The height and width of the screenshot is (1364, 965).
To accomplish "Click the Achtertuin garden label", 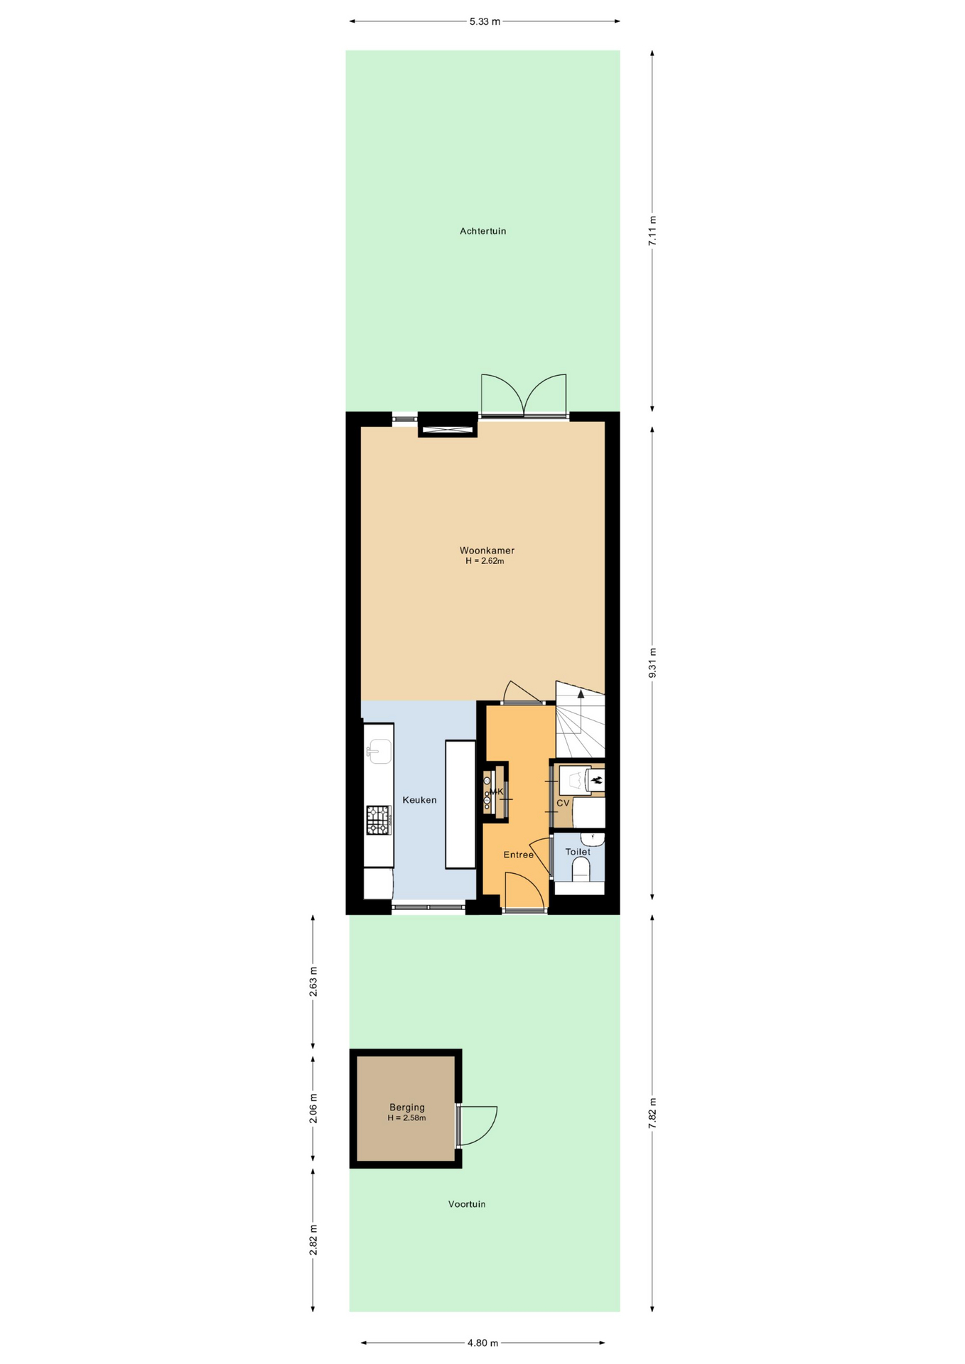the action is pyautogui.click(x=482, y=231).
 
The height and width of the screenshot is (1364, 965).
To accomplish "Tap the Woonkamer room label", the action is pyautogui.click(x=487, y=551).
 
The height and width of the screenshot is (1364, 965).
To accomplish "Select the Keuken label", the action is pyautogui.click(x=419, y=800).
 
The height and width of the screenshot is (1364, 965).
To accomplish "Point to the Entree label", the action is pyautogui.click(x=518, y=855).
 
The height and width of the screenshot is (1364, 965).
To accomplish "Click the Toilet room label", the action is pyautogui.click(x=578, y=852).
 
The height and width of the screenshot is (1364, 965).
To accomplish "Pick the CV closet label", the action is pyautogui.click(x=563, y=803).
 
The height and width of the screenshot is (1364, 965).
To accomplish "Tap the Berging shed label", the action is pyautogui.click(x=406, y=1107).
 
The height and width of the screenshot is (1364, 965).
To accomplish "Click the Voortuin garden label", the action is pyautogui.click(x=467, y=1204).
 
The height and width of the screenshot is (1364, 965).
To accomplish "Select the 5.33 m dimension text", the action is pyautogui.click(x=485, y=21).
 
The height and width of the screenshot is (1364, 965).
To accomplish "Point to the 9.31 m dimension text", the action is pyautogui.click(x=652, y=662).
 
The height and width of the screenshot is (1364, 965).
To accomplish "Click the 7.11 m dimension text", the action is pyautogui.click(x=652, y=230).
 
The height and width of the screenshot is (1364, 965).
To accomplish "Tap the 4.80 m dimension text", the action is pyautogui.click(x=482, y=1343).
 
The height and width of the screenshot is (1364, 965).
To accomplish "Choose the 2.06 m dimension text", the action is pyautogui.click(x=313, y=1108).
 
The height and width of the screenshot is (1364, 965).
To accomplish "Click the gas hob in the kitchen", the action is pyautogui.click(x=378, y=820).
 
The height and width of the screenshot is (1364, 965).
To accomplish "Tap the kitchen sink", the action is pyautogui.click(x=379, y=751).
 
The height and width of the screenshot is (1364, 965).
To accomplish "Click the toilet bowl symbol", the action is pyautogui.click(x=581, y=870).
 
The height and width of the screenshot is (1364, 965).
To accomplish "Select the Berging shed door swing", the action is pyautogui.click(x=478, y=1126).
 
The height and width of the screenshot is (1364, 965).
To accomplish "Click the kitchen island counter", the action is pyautogui.click(x=460, y=804).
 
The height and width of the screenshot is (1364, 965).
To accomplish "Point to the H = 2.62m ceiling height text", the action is pyautogui.click(x=485, y=561).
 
